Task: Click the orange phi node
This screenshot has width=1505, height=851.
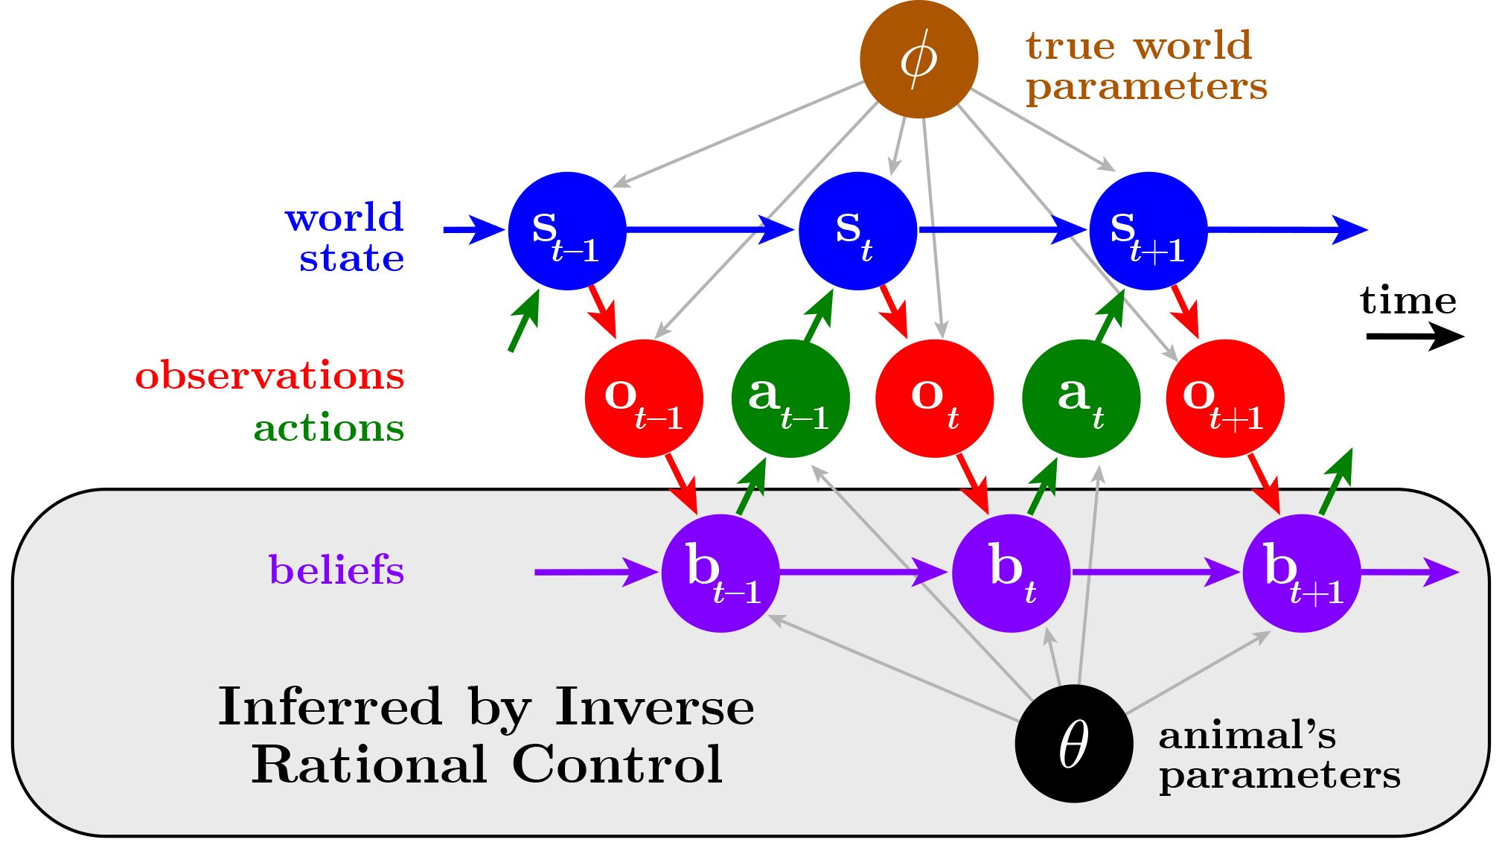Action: point(918,60)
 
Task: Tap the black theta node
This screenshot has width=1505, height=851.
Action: point(1073,743)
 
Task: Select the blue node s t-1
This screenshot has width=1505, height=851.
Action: point(567,231)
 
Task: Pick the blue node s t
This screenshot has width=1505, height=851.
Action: point(857,231)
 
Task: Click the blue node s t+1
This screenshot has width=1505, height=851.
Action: point(1148,231)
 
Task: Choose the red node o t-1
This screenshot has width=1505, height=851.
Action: point(644,398)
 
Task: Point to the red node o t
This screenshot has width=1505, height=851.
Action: point(934,398)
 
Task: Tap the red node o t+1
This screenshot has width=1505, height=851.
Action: point(1224,398)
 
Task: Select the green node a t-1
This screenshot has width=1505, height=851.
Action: point(790,398)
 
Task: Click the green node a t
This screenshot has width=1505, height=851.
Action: point(1081,398)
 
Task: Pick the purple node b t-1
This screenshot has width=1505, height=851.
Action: point(720,573)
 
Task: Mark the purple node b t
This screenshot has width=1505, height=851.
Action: point(1011,573)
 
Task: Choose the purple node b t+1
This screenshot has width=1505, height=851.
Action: point(1301,573)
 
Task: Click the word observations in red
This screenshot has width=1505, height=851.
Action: point(269,375)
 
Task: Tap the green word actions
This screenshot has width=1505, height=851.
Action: point(328,428)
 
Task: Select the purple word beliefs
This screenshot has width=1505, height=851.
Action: point(336,570)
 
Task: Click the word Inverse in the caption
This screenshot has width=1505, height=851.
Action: point(654,707)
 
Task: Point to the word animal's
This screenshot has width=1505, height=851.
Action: point(1247,736)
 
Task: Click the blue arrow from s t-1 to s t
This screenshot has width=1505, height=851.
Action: point(707,230)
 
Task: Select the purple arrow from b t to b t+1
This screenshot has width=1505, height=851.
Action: point(1154,573)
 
